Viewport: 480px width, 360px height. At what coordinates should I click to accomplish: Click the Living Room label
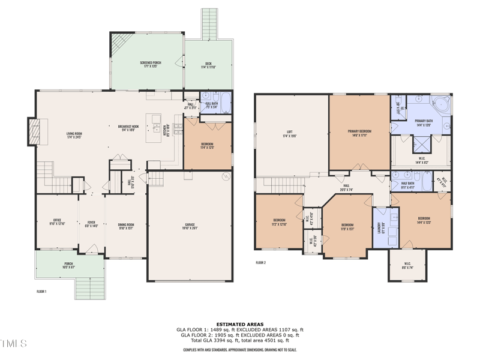pyautogui.click(x=73, y=135)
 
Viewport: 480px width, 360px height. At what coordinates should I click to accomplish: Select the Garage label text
pyautogui.click(x=190, y=227)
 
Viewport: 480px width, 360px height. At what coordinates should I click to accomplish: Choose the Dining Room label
pyautogui.click(x=126, y=226)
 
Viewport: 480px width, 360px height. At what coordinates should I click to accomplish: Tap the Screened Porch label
pyautogui.click(x=150, y=64)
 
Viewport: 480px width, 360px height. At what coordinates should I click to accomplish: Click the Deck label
pyautogui.click(x=208, y=65)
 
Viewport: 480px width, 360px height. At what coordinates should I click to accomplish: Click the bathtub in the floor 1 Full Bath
pyautogui.click(x=225, y=103)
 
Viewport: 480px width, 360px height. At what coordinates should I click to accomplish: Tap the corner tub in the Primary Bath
pyautogui.click(x=442, y=104)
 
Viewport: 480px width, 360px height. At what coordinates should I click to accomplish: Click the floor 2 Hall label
pyautogui.click(x=346, y=187)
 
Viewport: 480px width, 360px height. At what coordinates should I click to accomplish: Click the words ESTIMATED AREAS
pyautogui.click(x=240, y=324)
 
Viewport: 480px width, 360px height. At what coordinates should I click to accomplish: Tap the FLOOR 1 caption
pyautogui.click(x=42, y=291)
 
